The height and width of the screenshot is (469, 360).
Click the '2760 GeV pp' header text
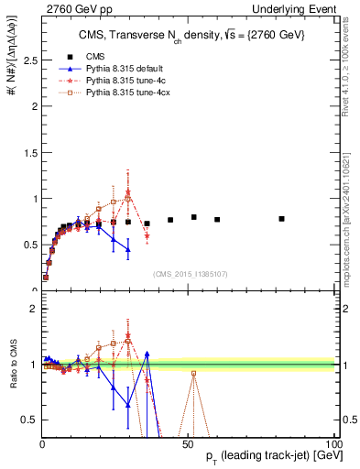coord(71,7)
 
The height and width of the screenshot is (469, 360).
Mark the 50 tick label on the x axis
coord(188,444)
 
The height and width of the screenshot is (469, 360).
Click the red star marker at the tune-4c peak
coord(128,192)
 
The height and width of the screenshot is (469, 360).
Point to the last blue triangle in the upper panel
coord(128,249)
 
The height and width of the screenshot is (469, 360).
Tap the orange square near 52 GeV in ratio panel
coord(193,373)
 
